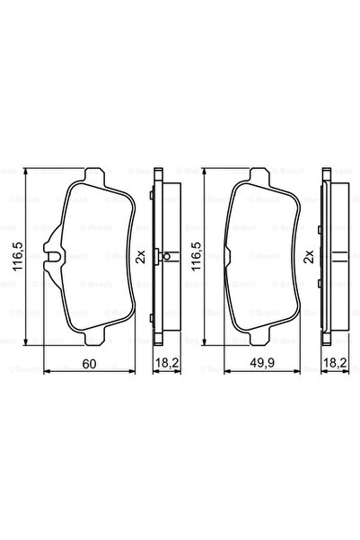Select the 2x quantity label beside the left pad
pos(139,256)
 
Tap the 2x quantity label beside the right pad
pos(310,256)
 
